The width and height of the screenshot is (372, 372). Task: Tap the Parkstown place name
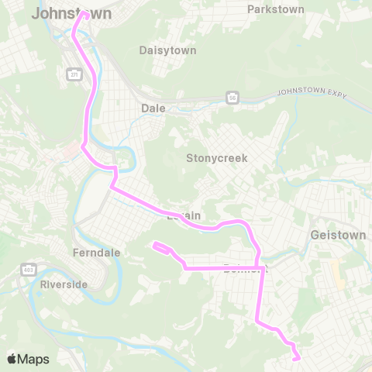click(x=275, y=9)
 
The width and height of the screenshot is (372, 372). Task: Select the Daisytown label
click(x=167, y=50)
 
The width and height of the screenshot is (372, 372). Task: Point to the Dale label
click(x=153, y=108)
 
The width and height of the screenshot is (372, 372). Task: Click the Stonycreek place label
click(x=216, y=158)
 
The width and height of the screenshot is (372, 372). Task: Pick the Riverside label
click(x=64, y=284)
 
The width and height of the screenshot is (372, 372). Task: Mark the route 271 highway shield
click(x=74, y=74)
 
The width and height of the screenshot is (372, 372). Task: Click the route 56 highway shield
click(x=232, y=97)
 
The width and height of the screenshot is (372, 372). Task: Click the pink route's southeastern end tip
click(x=297, y=358)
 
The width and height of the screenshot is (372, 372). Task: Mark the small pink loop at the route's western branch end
click(x=162, y=248)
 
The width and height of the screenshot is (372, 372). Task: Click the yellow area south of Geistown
click(x=336, y=271)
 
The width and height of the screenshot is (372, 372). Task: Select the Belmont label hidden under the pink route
click(x=243, y=269)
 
